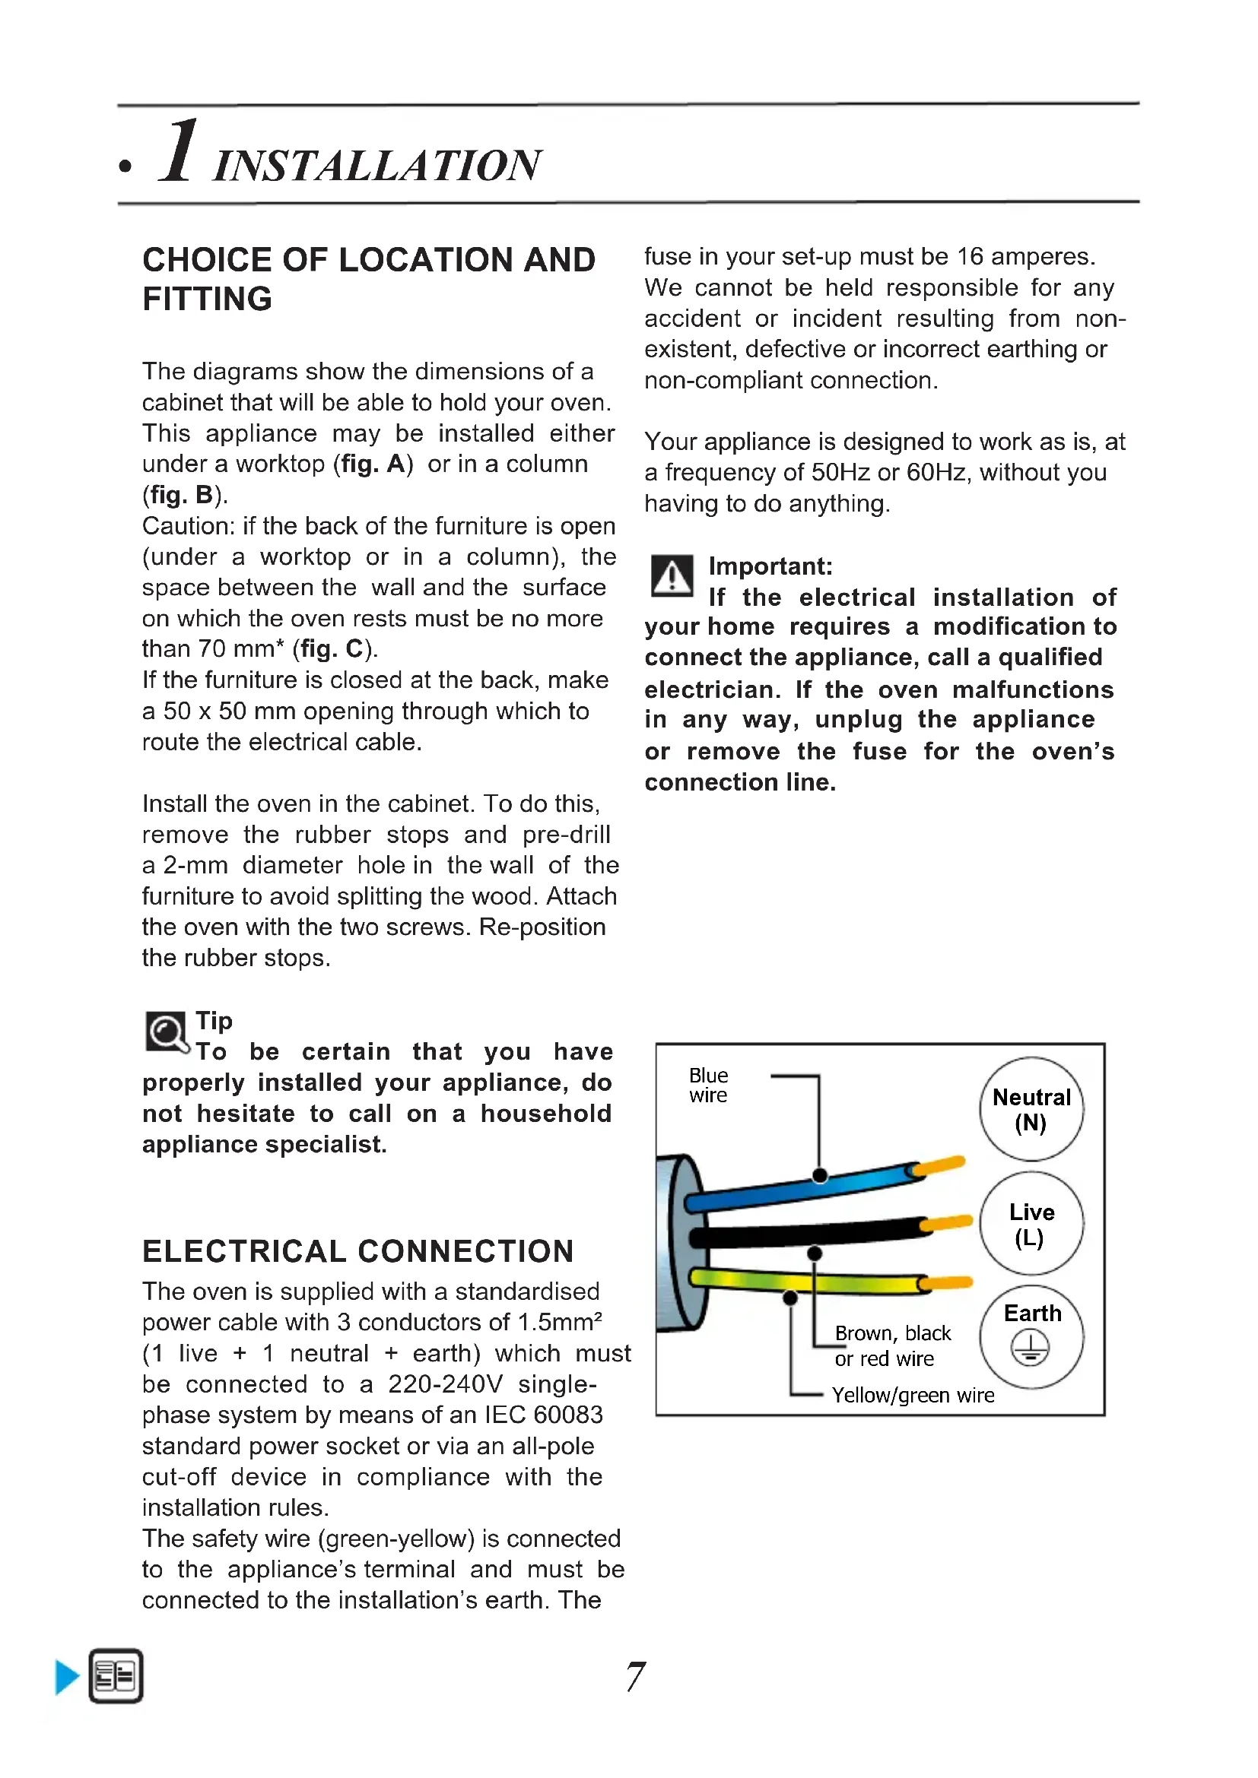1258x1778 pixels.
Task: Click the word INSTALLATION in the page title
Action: (377, 166)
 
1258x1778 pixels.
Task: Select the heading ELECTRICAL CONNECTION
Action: (358, 1251)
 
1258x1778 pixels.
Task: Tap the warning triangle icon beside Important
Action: (672, 576)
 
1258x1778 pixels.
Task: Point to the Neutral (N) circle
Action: (1031, 1109)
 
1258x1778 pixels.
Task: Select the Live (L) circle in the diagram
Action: (1031, 1224)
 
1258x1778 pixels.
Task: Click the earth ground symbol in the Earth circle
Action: (1031, 1349)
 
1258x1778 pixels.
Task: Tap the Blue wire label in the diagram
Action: (708, 1085)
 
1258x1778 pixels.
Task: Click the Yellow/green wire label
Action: (913, 1396)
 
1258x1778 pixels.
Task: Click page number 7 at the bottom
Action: (635, 1678)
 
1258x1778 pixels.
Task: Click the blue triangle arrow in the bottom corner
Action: (67, 1678)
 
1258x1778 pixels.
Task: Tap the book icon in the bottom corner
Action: (116, 1677)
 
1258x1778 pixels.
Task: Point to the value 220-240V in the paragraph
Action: (445, 1383)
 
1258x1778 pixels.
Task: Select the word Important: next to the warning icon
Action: (770, 566)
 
